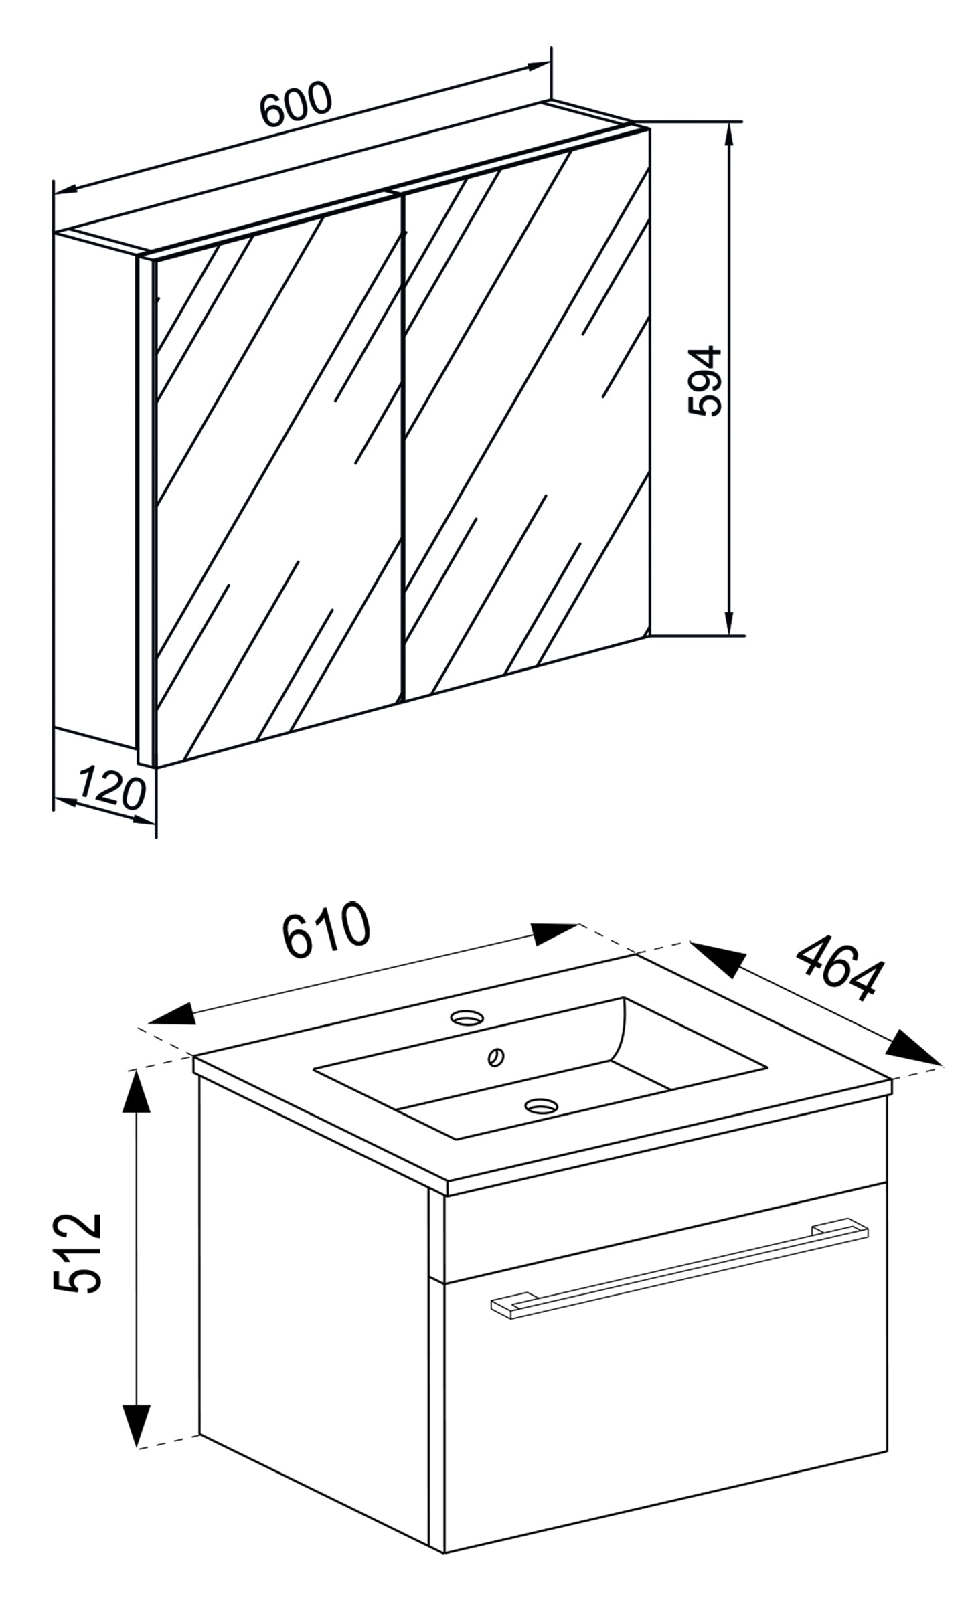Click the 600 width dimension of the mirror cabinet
(x=295, y=104)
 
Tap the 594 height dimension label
(x=705, y=381)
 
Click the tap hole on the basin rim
(x=467, y=1018)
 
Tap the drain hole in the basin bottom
(x=540, y=1105)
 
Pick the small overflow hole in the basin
(x=497, y=1057)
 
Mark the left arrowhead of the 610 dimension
(x=171, y=1014)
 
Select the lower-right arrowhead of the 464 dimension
(x=915, y=1048)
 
